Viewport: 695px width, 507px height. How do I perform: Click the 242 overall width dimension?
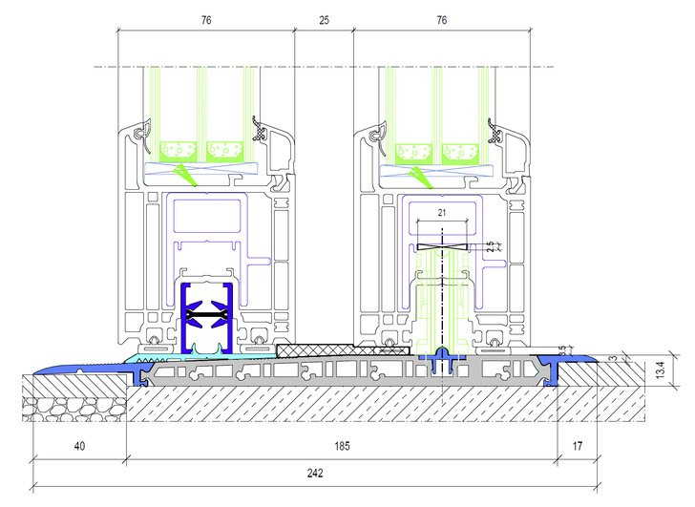tap(315, 473)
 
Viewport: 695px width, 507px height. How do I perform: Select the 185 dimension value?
tap(342, 445)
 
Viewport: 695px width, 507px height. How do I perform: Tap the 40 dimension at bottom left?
tap(79, 445)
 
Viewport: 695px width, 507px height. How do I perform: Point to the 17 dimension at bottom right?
tap(577, 445)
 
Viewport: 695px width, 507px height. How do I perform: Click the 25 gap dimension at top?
tap(324, 20)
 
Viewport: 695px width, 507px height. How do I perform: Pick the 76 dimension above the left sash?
tap(206, 20)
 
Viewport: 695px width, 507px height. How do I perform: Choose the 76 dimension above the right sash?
tap(442, 20)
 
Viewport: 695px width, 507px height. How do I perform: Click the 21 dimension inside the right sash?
tap(442, 213)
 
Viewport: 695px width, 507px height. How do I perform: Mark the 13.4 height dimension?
tap(661, 370)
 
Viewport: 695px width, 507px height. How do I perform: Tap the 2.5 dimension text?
tap(491, 247)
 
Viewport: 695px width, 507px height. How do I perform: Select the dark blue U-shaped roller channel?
tap(207, 318)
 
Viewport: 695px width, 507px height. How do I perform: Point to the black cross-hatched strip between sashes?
tap(343, 350)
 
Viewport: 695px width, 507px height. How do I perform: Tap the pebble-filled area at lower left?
tap(74, 409)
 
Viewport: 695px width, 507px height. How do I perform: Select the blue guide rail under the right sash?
tap(442, 360)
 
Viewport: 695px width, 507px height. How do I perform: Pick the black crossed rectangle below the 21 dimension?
tap(442, 247)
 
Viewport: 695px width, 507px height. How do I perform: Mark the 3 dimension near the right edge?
tap(615, 358)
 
